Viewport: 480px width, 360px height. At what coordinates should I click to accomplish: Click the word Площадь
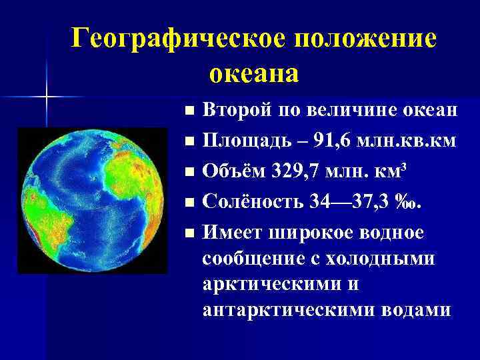point(244,141)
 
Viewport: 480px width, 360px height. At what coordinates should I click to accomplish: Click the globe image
point(89,200)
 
